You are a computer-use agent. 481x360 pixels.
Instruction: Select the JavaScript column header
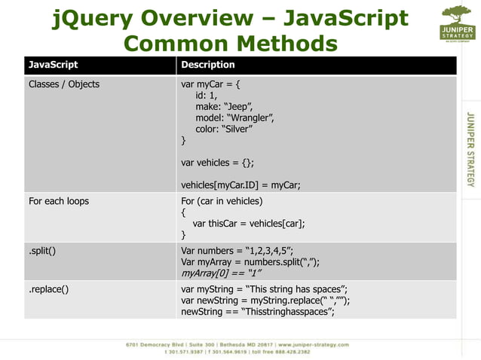click(53, 65)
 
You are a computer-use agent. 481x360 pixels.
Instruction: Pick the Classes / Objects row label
click(64, 84)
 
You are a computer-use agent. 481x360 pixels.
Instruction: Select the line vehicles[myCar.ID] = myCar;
click(240, 185)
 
